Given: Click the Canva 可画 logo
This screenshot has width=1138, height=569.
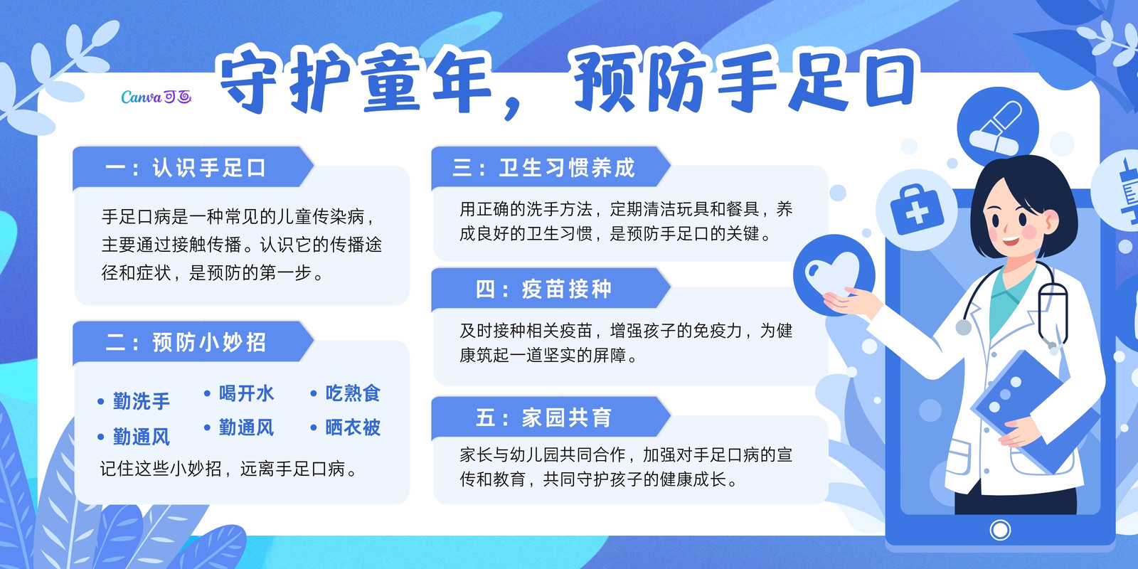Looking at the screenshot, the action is coord(156,97).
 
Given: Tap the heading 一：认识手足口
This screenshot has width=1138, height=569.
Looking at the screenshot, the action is coord(186,168).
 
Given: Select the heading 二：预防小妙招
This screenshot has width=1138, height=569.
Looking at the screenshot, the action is coord(186,342).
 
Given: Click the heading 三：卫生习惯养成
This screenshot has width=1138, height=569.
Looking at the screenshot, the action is coord(543,168).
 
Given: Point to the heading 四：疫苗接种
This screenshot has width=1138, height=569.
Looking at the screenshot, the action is coord(543,289).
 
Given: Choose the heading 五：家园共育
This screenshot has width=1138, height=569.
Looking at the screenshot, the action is coord(543,418).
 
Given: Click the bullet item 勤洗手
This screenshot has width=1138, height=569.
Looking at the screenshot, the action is coord(134,401).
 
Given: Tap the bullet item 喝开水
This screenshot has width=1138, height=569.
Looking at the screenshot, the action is coord(239,394).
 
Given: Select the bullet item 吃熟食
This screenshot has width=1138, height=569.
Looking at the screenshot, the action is coord(346,394).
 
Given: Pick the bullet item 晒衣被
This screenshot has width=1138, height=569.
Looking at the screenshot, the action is coord(346,427).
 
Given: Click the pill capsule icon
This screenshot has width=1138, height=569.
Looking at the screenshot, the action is coord(996,128).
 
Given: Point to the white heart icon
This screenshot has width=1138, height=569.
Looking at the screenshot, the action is coord(832,275).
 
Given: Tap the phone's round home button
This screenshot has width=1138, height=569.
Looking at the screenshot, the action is coord(1000,531).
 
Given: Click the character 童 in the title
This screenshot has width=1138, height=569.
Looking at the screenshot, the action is coord(392,81).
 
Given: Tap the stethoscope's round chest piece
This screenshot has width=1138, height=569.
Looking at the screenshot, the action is coord(963,327).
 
